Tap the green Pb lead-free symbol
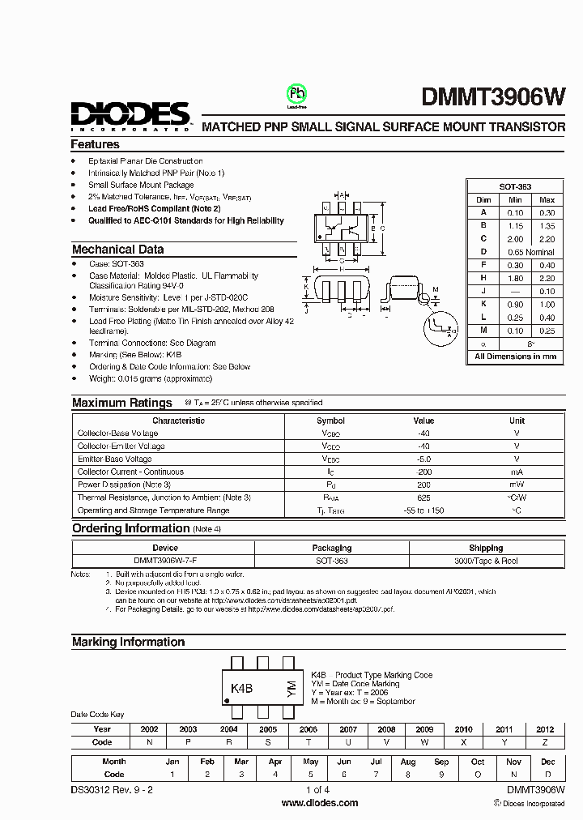(x=296, y=93)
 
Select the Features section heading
(x=95, y=144)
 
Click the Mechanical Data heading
(x=117, y=250)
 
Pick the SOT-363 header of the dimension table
(x=515, y=186)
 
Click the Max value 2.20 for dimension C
(x=547, y=239)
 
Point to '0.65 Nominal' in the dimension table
(x=530, y=252)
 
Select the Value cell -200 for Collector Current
(x=423, y=472)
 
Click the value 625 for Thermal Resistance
(x=423, y=498)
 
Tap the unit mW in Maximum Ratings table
(x=517, y=485)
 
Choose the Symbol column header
(x=330, y=421)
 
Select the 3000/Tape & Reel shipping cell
(x=486, y=561)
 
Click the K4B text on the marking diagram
(x=242, y=689)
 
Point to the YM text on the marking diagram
(x=291, y=689)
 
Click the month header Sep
(x=441, y=762)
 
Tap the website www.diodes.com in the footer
(x=320, y=803)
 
